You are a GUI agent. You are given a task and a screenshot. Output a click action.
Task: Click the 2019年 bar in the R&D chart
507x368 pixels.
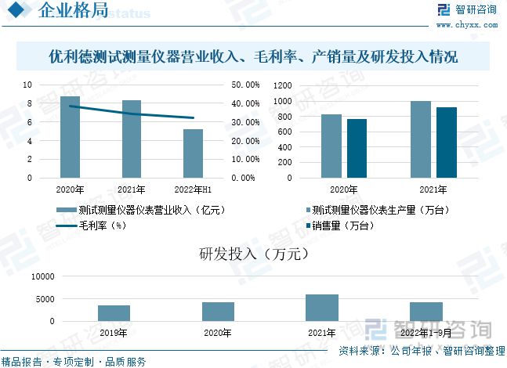tap(114, 313)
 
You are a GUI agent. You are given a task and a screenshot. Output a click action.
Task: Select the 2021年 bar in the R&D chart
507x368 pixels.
tap(322, 308)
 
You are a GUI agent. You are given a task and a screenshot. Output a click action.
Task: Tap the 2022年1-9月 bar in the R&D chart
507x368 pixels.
tap(426, 312)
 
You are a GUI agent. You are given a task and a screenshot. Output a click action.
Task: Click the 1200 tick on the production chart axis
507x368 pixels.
tap(282, 85)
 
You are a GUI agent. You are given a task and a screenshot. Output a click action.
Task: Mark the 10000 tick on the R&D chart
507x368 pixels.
tap(42, 277)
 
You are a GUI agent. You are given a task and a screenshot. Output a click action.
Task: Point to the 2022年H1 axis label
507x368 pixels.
tap(193, 189)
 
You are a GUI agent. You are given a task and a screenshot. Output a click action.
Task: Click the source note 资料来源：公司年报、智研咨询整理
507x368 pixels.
tap(421, 352)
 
